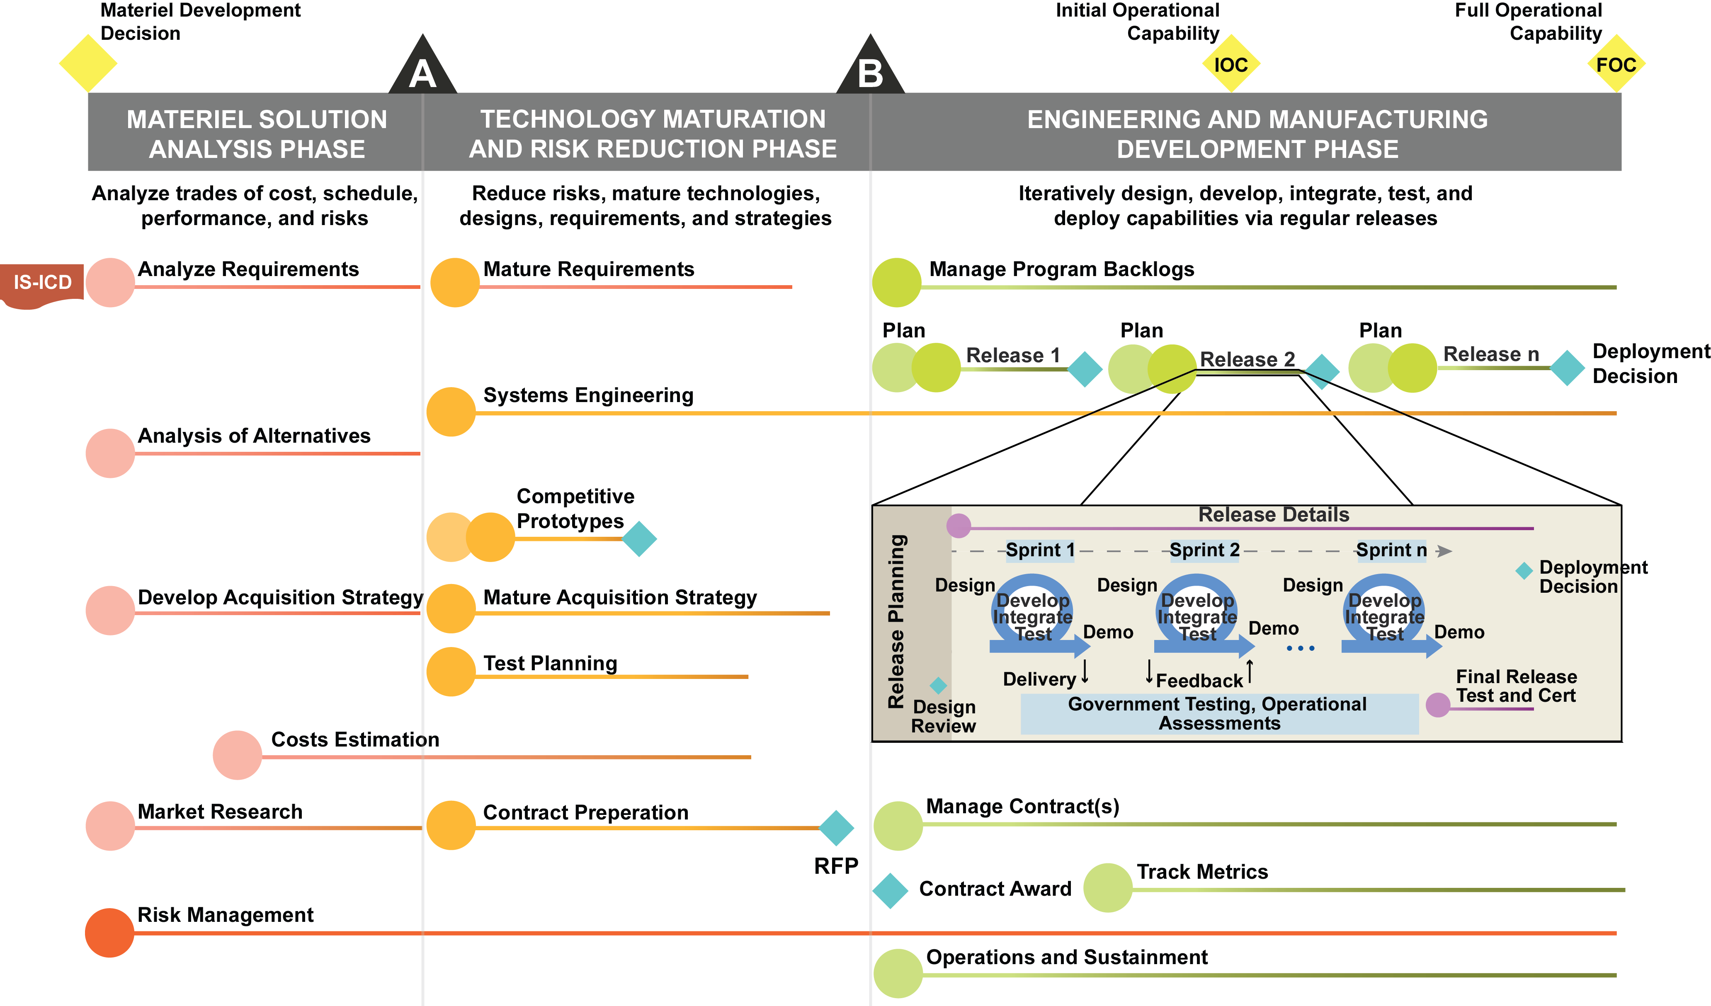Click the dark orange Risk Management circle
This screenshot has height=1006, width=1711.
point(109,933)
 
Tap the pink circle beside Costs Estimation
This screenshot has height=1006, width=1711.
point(237,755)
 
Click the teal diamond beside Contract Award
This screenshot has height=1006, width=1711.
point(890,891)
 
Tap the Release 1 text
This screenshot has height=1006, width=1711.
point(1012,355)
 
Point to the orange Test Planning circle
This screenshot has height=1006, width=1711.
point(451,671)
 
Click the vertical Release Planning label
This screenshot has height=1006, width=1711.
point(896,621)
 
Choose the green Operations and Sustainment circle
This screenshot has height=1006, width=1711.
point(898,973)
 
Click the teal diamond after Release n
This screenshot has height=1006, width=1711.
point(1567,368)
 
